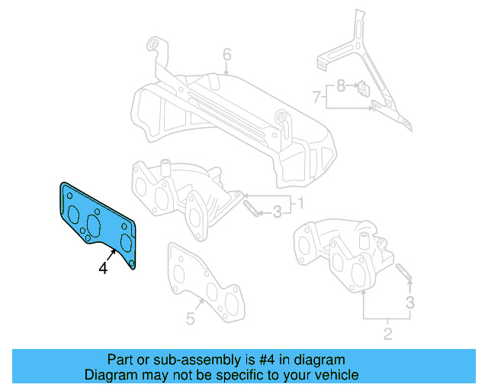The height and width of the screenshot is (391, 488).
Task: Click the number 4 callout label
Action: (103, 268)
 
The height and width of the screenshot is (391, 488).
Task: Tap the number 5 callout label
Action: (191, 318)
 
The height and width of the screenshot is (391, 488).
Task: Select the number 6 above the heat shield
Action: (226, 55)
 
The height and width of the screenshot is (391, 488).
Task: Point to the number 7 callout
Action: (316, 97)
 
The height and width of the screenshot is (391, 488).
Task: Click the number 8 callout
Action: (342, 86)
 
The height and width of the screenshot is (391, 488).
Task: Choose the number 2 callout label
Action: (387, 333)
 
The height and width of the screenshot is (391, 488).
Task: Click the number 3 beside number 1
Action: (278, 211)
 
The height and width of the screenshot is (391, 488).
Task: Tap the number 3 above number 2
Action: (409, 303)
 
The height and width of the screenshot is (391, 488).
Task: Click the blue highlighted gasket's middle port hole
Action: (95, 225)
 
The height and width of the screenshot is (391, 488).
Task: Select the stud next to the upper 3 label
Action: (250, 208)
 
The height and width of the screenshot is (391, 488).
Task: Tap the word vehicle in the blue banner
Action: (334, 375)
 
